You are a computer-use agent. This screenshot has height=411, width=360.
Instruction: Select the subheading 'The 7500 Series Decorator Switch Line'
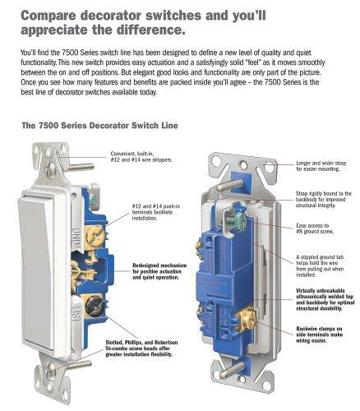point(99,126)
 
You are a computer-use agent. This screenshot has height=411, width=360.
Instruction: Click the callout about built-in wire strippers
point(141,157)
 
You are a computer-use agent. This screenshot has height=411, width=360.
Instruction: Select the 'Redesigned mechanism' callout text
point(159,271)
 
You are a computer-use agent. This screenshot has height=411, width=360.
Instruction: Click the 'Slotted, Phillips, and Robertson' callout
point(141,349)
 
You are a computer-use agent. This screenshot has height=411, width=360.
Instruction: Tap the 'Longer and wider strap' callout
point(321,166)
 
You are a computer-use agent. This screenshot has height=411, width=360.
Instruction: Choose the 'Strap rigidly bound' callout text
point(323,200)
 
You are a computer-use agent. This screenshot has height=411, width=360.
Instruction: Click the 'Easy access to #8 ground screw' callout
point(315,229)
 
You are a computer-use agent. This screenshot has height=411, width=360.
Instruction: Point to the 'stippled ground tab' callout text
point(320,266)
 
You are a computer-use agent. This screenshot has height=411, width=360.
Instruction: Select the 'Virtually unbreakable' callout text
point(325,299)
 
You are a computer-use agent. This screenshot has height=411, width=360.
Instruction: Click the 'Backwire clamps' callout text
point(319,335)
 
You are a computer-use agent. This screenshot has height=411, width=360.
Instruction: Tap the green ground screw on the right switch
point(239,218)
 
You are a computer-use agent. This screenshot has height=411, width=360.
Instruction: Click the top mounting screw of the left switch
point(72,168)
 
